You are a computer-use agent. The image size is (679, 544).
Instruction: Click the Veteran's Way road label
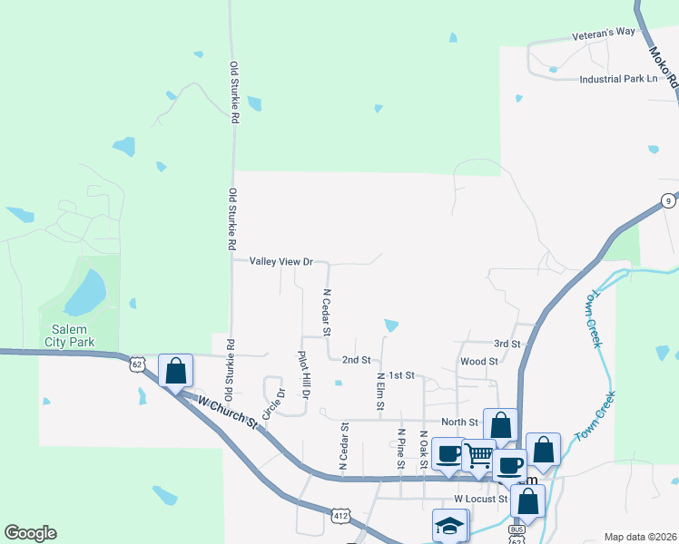pyautogui.click(x=604, y=32)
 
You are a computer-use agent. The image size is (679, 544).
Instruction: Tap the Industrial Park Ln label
pyautogui.click(x=618, y=79)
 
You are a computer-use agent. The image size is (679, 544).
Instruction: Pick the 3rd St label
pyautogui.click(x=507, y=345)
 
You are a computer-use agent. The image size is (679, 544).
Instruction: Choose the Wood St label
pyautogui.click(x=479, y=361)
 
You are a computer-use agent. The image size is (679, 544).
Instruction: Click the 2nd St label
pyautogui.click(x=357, y=360)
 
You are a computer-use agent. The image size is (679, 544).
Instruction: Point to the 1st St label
pyautogui.click(x=400, y=374)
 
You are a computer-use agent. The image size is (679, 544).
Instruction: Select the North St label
pyautogui.click(x=459, y=422)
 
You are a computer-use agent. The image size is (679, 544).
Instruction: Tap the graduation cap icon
pyautogui.click(x=448, y=524)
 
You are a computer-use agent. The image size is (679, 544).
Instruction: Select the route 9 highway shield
pyautogui.click(x=667, y=200)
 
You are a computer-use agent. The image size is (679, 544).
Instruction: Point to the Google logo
pyautogui.click(x=30, y=533)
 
